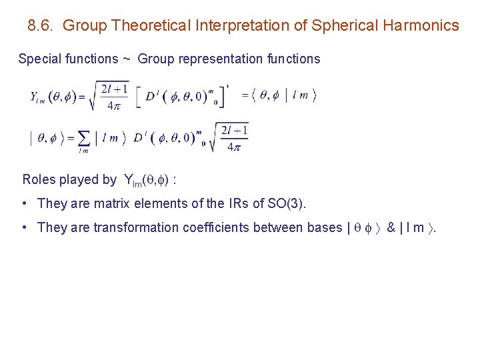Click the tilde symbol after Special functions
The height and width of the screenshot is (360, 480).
point(127,59)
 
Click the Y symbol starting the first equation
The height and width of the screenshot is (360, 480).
point(35,97)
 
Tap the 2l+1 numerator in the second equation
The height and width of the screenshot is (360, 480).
point(235,130)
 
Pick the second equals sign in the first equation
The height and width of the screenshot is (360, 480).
point(245,96)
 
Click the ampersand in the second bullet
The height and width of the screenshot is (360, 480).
point(391,227)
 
